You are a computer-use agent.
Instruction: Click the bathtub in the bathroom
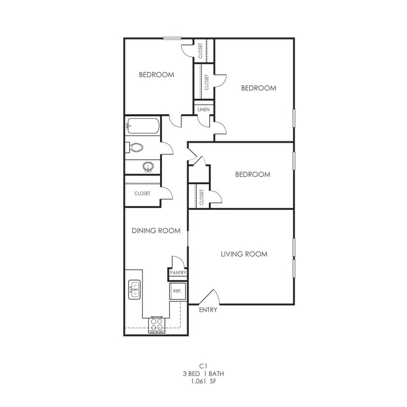click(x=143, y=127)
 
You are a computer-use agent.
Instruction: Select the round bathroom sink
click(x=149, y=167)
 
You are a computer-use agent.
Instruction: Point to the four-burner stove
click(x=157, y=324)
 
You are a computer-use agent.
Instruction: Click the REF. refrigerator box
click(x=177, y=291)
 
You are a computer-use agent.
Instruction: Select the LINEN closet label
click(x=203, y=110)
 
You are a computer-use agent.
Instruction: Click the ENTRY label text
click(x=208, y=310)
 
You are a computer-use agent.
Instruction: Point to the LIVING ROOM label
click(x=244, y=254)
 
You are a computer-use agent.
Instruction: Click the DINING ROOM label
click(x=156, y=231)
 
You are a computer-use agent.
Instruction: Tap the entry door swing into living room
click(x=210, y=296)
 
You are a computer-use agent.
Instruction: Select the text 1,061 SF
click(x=203, y=381)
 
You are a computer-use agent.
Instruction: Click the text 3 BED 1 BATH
click(x=203, y=373)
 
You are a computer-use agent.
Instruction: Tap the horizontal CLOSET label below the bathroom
click(x=142, y=193)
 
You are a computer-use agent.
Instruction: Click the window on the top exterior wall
click(x=172, y=39)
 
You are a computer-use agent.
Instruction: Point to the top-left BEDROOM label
click(x=156, y=75)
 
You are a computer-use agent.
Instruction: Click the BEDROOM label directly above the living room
click(x=253, y=175)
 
